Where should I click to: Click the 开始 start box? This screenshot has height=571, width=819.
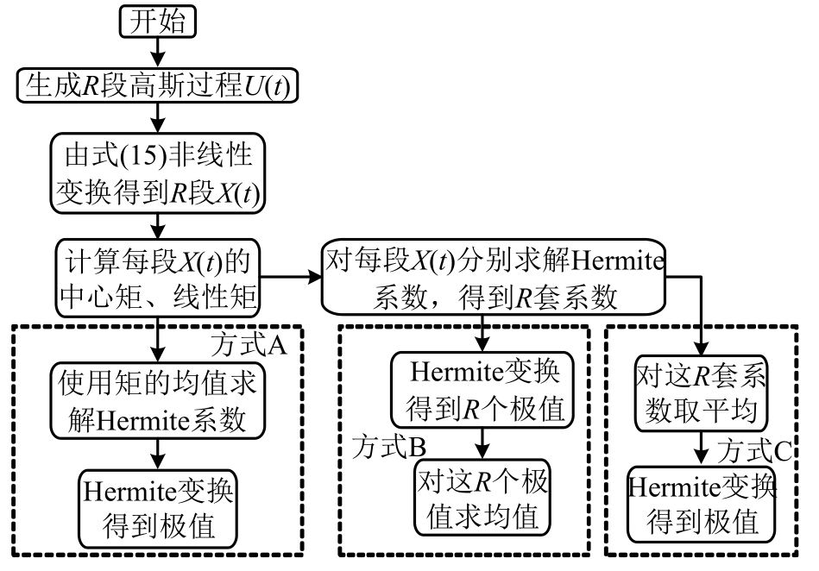pos(157,21)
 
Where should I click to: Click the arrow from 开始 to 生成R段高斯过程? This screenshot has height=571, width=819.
pos(157,53)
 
